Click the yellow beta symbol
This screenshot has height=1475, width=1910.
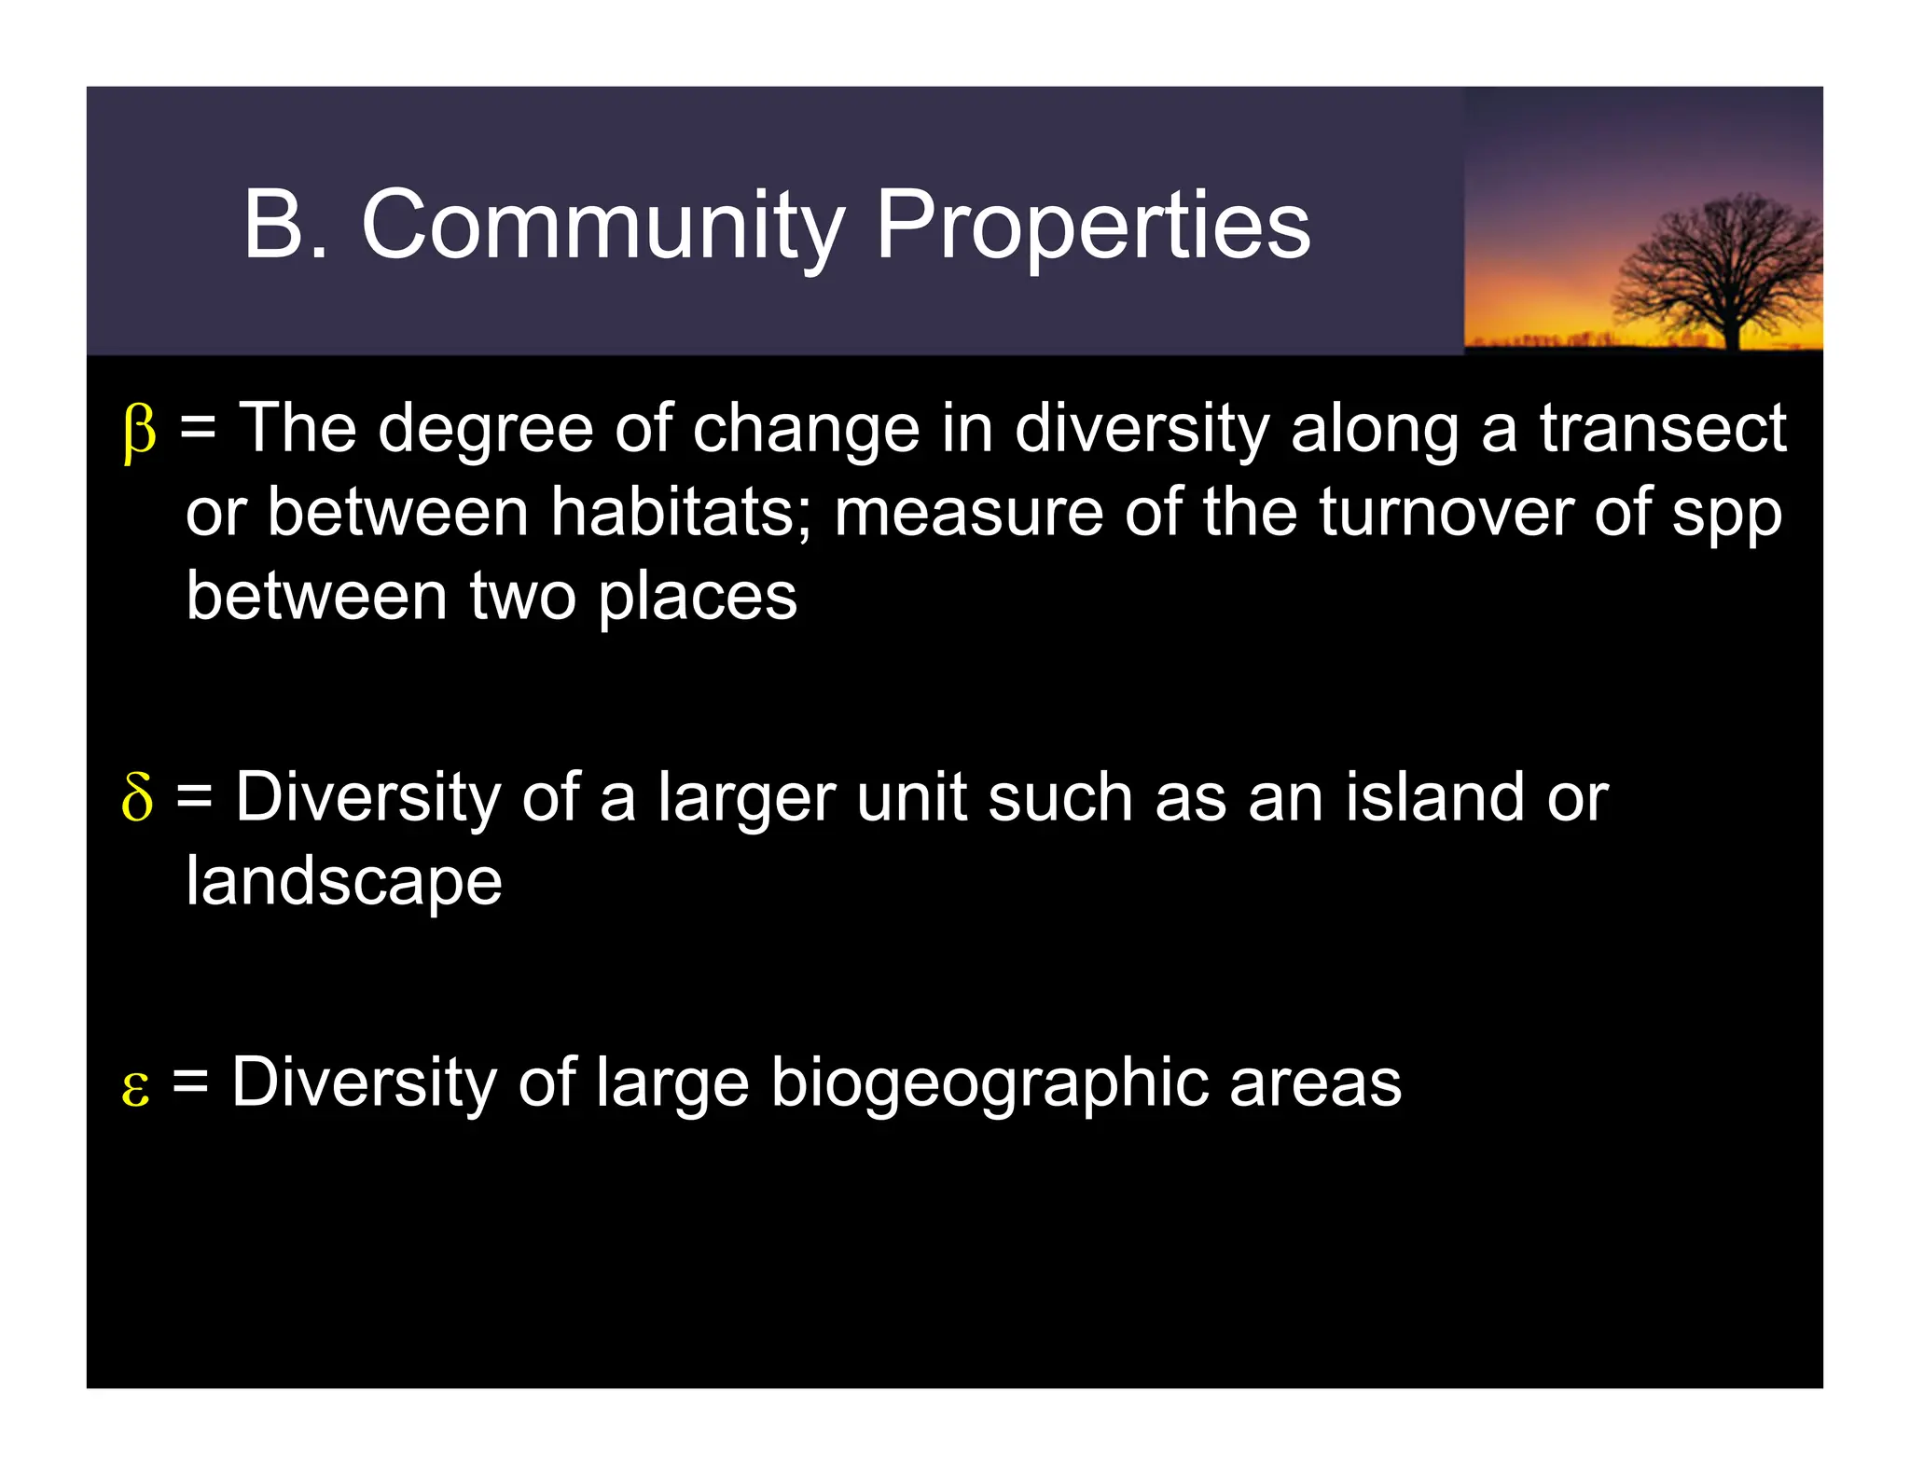[139, 433]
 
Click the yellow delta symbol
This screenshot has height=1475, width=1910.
[137, 798]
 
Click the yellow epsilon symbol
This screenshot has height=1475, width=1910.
[135, 1087]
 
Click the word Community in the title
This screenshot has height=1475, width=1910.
[602, 226]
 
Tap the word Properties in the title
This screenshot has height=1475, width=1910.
[1093, 226]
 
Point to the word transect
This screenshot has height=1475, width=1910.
[1662, 429]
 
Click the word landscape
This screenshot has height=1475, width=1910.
[343, 882]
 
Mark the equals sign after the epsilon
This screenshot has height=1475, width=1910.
[190, 1082]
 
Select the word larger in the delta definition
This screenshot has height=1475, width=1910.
[746, 800]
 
